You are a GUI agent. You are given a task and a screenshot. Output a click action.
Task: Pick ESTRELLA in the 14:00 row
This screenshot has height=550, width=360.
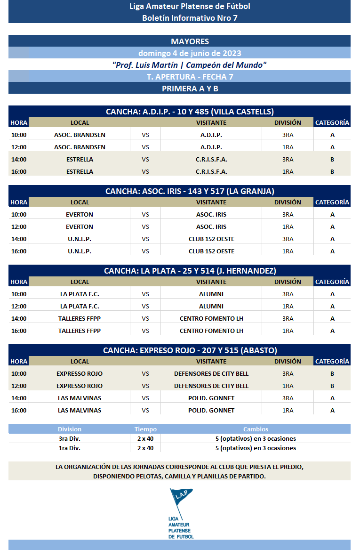click(80, 159)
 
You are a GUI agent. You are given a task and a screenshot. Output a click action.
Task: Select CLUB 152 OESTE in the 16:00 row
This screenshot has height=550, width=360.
click(211, 251)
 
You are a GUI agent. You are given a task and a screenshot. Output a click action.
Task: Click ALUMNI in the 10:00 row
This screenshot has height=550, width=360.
click(211, 294)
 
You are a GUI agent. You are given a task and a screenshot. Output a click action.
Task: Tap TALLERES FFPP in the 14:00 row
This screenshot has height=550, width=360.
click(80, 318)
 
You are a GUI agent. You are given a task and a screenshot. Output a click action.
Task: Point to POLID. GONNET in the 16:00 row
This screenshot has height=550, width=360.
click(211, 410)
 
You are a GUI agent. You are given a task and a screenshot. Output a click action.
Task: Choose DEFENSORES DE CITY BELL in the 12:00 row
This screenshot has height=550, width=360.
click(211, 386)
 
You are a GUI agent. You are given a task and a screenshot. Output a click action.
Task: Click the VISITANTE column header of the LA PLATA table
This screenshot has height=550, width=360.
click(211, 282)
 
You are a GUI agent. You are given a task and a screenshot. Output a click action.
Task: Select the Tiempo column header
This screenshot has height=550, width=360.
click(145, 429)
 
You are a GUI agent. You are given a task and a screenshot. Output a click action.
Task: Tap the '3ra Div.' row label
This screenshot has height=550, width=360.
click(69, 438)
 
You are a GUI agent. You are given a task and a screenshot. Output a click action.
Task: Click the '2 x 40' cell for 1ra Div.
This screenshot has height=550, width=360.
click(145, 448)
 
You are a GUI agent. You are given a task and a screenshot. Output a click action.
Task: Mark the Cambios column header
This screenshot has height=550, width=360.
click(256, 429)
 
